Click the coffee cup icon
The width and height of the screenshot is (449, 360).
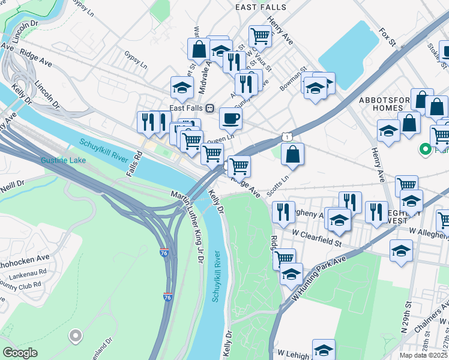pyautogui.click(x=231, y=119)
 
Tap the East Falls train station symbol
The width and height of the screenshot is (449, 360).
pyautogui.click(x=210, y=108)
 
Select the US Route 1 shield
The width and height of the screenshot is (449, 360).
pyautogui.click(x=289, y=137)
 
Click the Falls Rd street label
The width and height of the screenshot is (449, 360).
pyautogui.click(x=134, y=162)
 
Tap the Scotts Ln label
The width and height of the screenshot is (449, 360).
pyautogui.click(x=278, y=186)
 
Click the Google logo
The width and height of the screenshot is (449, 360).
pyautogui.click(x=20, y=353)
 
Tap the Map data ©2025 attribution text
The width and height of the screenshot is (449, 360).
pyautogui.click(x=423, y=355)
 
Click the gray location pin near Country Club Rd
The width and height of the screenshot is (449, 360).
pyautogui.click(x=76, y=336)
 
